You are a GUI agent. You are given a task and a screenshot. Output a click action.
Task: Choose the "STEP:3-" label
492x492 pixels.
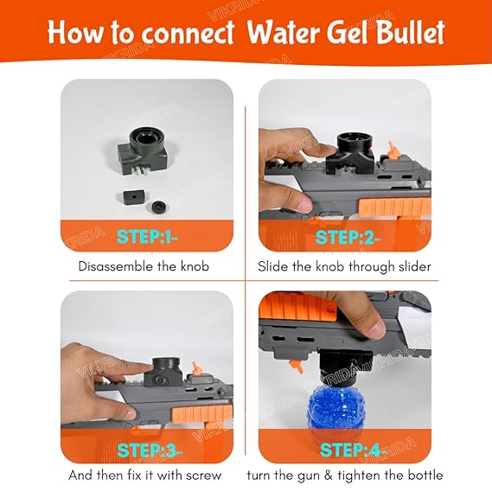click(146, 450)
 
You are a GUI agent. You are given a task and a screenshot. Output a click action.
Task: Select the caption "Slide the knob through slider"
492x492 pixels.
click(345, 266)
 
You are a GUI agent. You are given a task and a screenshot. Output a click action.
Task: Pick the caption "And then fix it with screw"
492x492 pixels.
click(145, 476)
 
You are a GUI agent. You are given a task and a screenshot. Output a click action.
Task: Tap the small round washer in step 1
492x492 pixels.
click(159, 208)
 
